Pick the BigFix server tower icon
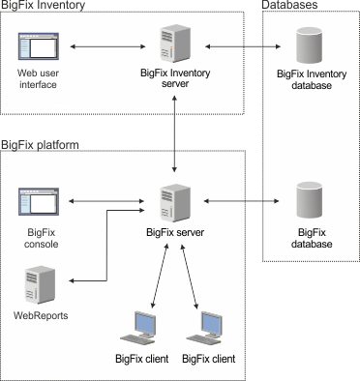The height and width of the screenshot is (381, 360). [175, 202]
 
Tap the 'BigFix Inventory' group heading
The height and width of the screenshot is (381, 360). [43, 7]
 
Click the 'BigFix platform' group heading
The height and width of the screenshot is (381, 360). [39, 144]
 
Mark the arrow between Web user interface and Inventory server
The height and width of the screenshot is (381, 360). [105, 45]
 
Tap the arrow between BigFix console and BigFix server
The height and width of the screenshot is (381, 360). [105, 201]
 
